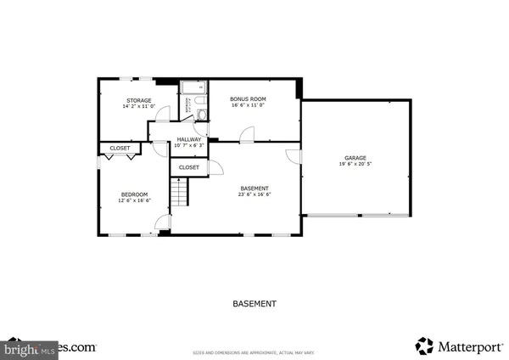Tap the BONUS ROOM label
pos(248,99)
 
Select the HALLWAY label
pos(188,139)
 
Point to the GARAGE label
pos(355,158)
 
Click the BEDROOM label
pos(134,194)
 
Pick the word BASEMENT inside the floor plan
pos(255,188)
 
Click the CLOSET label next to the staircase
pos(188,167)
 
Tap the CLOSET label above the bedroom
pos(120,149)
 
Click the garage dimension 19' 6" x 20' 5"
pos(355,165)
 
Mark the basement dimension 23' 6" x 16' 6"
pos(255,194)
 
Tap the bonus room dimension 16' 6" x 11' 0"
pos(248,106)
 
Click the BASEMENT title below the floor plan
pos(255,303)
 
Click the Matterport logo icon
pos(423,345)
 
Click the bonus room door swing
pos(247,133)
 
